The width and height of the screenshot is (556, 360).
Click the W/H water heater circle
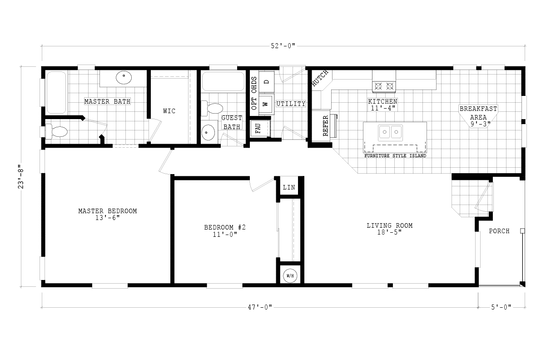point(290,276)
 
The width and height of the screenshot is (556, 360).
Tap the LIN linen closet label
point(289,187)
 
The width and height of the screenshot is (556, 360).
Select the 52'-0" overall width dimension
point(283,46)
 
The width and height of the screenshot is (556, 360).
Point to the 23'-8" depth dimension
point(21,176)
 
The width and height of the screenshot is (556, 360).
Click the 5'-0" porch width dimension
point(501,307)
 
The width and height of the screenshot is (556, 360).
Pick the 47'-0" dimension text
point(260,307)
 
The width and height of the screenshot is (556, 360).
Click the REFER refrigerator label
point(325,126)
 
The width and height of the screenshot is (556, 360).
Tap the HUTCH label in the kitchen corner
point(320,78)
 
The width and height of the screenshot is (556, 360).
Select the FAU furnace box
point(260,129)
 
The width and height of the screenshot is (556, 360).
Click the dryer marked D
point(266,82)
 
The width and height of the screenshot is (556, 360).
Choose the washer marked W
point(266,104)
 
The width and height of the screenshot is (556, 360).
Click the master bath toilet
point(57,132)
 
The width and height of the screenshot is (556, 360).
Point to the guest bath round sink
point(208,132)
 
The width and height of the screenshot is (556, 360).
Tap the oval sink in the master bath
point(124,78)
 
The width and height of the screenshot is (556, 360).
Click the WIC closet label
point(169,111)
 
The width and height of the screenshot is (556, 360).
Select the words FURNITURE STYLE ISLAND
point(395,156)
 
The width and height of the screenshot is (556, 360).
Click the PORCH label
point(499,231)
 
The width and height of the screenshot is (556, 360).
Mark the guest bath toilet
point(212,109)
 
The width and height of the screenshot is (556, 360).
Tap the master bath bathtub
point(56,92)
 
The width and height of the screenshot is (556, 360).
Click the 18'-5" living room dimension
point(389,232)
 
